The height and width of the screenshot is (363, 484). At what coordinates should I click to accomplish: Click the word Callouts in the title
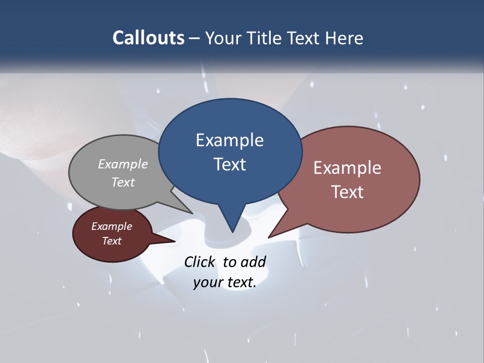pyautogui.click(x=149, y=38)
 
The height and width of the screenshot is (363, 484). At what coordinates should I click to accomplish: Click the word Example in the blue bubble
pyautogui.click(x=229, y=140)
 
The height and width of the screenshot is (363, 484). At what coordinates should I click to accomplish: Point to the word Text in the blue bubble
pyautogui.click(x=229, y=164)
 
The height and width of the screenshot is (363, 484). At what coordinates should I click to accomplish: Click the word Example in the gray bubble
pyautogui.click(x=123, y=164)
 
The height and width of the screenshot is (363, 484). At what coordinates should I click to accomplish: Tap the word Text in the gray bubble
pyautogui.click(x=123, y=182)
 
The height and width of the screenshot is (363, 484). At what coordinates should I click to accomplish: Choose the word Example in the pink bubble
pyautogui.click(x=347, y=168)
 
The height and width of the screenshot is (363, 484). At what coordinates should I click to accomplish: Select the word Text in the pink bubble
pyautogui.click(x=347, y=192)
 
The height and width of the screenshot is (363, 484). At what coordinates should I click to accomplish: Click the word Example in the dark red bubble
pyautogui.click(x=112, y=226)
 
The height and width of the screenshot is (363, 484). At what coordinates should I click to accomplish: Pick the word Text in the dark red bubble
pyautogui.click(x=112, y=241)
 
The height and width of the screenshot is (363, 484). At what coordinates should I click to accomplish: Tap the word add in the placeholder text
pyautogui.click(x=254, y=262)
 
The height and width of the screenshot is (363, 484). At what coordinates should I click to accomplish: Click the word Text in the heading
pyautogui.click(x=304, y=38)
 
